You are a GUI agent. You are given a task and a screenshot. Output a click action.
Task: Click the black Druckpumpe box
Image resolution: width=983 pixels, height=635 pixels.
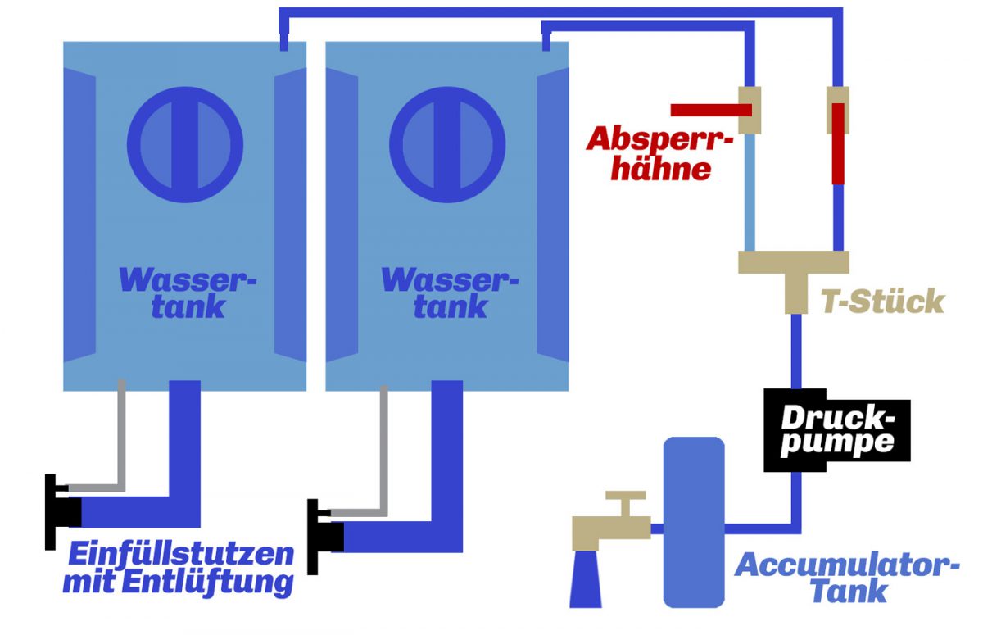click(x=828, y=429)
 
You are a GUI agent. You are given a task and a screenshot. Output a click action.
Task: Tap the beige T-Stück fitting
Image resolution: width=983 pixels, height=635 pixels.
click(x=794, y=270)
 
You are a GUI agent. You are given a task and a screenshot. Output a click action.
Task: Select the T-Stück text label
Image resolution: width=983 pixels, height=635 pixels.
click(x=883, y=302)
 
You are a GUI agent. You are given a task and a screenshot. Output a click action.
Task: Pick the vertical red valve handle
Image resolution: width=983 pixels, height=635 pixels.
click(x=837, y=143)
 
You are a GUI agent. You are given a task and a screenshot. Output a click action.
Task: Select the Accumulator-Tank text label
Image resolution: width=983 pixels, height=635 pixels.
click(x=847, y=578)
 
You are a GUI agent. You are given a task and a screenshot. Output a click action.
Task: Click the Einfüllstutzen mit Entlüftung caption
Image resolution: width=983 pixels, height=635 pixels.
click(x=179, y=569)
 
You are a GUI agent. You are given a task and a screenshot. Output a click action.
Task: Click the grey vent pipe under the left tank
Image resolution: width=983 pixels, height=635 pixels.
click(x=120, y=442)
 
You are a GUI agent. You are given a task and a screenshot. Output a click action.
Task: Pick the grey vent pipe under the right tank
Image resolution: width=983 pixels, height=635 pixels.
click(x=383, y=459)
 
